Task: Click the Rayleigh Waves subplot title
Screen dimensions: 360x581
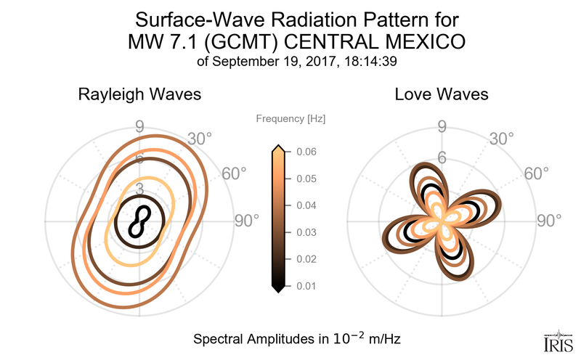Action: tap(139, 94)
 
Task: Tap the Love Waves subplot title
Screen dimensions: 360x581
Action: tap(441, 94)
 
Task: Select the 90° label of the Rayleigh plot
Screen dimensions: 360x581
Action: tap(246, 221)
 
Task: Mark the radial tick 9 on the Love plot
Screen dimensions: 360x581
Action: tap(441, 128)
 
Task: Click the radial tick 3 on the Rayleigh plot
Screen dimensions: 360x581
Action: tap(139, 189)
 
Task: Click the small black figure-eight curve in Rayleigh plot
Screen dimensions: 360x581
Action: tap(139, 221)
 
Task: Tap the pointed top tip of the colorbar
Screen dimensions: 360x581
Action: tap(277, 147)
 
